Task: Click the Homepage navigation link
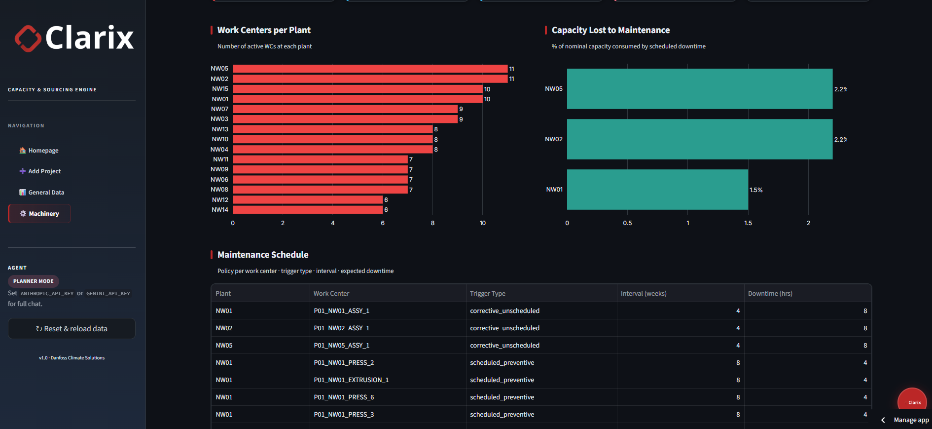coord(39,151)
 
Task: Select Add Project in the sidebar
coord(40,171)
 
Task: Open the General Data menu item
coord(42,193)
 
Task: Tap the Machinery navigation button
coord(39,214)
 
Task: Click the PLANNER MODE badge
coord(34,281)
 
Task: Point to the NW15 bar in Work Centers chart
coord(358,89)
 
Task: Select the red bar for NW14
coord(308,210)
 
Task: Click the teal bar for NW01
coord(657,190)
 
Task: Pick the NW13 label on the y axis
coord(220,129)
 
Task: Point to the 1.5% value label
coord(756,190)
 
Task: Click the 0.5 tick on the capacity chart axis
coord(627,223)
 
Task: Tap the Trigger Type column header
coord(488,293)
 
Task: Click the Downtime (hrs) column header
coord(770,293)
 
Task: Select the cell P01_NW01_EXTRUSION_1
coord(351,380)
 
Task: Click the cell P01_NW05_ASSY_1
coord(341,346)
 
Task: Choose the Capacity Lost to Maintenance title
coord(610,30)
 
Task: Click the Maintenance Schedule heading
coord(263,255)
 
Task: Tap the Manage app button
coord(911,420)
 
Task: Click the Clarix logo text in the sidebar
coord(89,38)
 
